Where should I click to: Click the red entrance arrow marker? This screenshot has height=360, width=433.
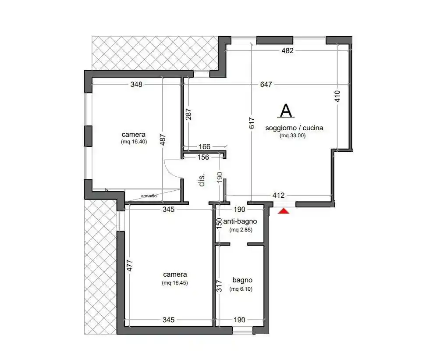pyautogui.click(x=283, y=211)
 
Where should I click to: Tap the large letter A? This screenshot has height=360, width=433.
pyautogui.click(x=286, y=110)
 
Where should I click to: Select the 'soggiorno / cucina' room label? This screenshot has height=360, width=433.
pyautogui.click(x=294, y=128)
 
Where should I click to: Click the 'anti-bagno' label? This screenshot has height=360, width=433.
pyautogui.click(x=240, y=221)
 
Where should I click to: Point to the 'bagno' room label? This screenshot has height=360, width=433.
pyautogui.click(x=242, y=280)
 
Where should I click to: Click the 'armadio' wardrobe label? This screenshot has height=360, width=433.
pyautogui.click(x=149, y=196)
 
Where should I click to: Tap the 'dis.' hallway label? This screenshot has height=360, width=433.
pyautogui.click(x=202, y=180)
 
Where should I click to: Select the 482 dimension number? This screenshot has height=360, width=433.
pyautogui.click(x=287, y=50)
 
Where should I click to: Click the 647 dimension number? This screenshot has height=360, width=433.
pyautogui.click(x=266, y=84)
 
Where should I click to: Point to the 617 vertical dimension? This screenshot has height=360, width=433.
pyautogui.click(x=252, y=123)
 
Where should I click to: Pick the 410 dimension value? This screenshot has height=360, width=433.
pyautogui.click(x=337, y=96)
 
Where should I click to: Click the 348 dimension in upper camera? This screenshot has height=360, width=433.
pyautogui.click(x=136, y=84)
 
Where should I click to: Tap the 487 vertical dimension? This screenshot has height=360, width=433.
pyautogui.click(x=163, y=139)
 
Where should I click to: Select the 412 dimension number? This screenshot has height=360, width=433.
pyautogui.click(x=278, y=195)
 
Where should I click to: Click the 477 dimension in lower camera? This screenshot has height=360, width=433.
pyautogui.click(x=129, y=266)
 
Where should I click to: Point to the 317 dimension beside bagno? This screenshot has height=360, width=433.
pyautogui.click(x=219, y=286)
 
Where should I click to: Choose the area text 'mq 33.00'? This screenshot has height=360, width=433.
pyautogui.click(x=292, y=135)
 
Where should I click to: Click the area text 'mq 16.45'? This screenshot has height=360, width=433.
pyautogui.click(x=175, y=283)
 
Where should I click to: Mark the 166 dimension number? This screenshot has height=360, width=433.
pyautogui.click(x=204, y=146)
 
